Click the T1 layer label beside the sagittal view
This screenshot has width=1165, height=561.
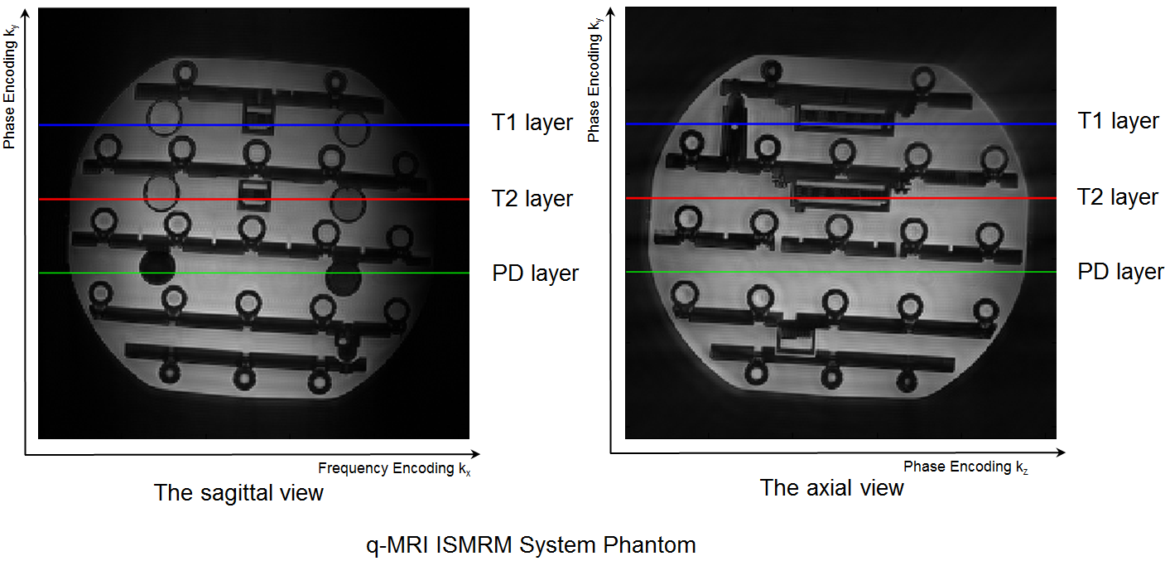coord(532,123)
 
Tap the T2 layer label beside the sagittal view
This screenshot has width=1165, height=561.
coord(532,199)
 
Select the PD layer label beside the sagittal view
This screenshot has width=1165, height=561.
coord(535,273)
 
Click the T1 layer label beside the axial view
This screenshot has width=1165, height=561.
coord(1118,121)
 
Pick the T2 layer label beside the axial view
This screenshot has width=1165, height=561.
coord(1118,197)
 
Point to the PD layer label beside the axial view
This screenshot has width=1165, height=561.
coord(1120,272)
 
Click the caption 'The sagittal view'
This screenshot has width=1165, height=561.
coord(238,493)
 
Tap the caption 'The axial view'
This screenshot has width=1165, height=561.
coord(831,488)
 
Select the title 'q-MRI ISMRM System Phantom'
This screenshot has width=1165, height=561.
coord(531,545)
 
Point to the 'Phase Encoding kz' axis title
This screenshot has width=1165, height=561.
coord(965,467)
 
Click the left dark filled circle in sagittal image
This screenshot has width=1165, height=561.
coord(156,266)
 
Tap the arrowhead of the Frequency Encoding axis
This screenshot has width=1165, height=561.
coord(475,454)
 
